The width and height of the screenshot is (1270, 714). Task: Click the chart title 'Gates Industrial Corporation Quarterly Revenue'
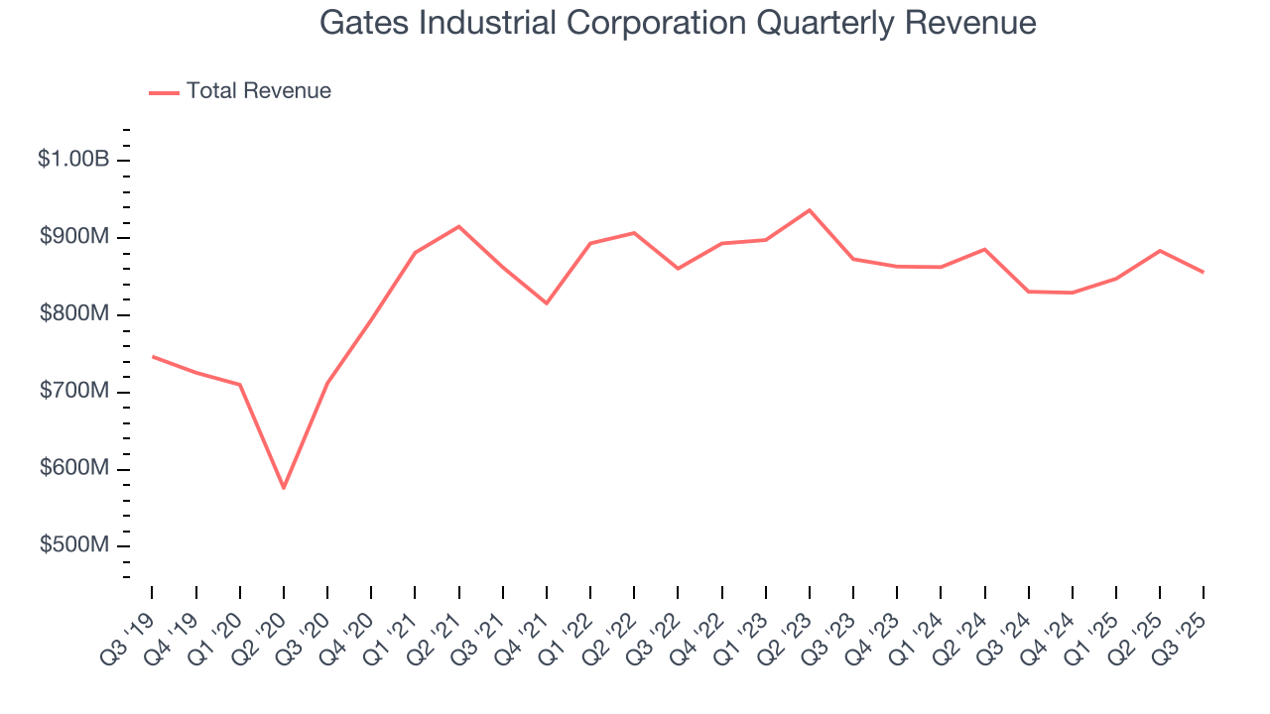pos(678,23)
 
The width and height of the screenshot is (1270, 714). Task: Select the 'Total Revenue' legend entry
pos(258,91)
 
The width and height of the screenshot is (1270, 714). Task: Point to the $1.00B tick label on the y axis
pos(73,159)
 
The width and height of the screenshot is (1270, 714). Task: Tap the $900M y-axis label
pos(74,237)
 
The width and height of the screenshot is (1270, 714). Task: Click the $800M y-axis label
pos(74,314)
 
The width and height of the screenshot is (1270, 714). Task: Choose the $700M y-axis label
pos(74,392)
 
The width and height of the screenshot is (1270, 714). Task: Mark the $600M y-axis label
pos(74,469)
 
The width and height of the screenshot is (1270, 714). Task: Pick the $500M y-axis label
pos(74,546)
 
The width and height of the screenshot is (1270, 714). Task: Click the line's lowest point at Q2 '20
pos(284,488)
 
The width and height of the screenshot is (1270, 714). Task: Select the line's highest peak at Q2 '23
pos(810,210)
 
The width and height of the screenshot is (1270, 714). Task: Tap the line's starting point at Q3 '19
pos(152,356)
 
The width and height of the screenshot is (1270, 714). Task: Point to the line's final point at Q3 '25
pos(1204,272)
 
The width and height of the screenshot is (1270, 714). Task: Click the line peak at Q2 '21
pos(458,226)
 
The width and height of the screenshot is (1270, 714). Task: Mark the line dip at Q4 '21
pos(547,303)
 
